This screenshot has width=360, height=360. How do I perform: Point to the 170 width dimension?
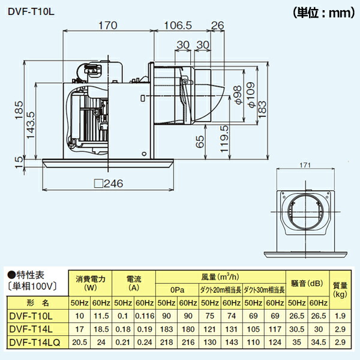pos(107,25)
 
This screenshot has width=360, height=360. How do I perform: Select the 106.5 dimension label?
pos(177,25)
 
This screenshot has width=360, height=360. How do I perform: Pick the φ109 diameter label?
pos(251,95)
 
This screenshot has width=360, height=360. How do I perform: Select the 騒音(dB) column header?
pos(307,283)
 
